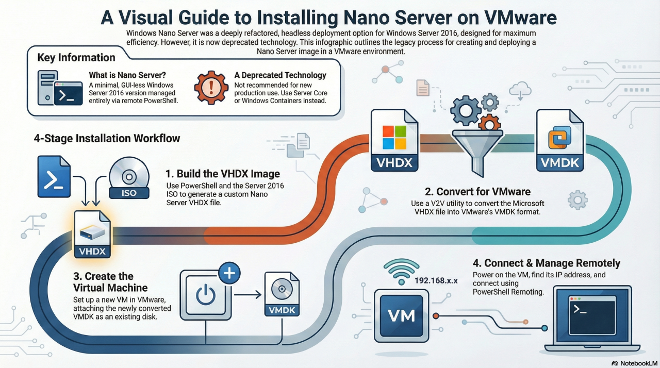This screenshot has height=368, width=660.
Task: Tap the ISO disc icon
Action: pos(129,178)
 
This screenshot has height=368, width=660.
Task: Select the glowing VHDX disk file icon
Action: pos(93,235)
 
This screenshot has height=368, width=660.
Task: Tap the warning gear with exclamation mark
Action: pos(211,88)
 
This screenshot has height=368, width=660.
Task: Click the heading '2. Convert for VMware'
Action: pos(477,192)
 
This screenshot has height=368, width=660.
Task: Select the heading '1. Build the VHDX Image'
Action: pos(223,173)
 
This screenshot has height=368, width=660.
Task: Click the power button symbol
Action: pos(205,296)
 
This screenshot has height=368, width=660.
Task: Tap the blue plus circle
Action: pos(229,274)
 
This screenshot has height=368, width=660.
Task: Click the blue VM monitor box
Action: pos(401,314)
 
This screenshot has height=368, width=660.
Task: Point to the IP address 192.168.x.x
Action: pos(436,281)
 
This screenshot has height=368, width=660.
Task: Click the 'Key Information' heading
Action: pos(76,58)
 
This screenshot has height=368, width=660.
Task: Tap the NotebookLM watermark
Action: pos(633,362)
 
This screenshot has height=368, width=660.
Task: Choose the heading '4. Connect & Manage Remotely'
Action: pos(546,263)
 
